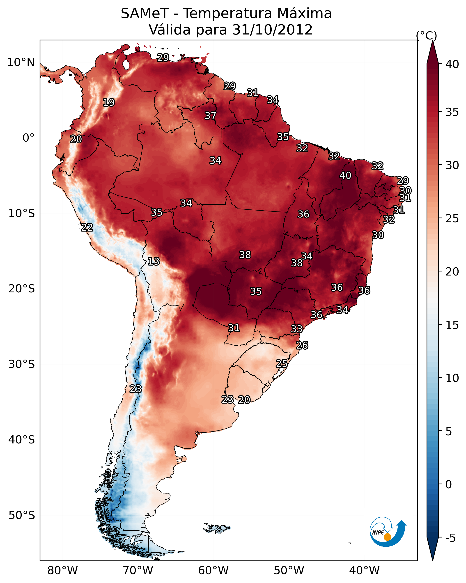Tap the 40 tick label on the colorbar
452,64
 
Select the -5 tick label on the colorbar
450,538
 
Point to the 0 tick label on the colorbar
448,484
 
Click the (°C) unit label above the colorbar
426,35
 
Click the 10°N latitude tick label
21,62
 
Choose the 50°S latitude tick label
22,515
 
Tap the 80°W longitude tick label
62,570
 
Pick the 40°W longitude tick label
364,570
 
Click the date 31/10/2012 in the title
272,30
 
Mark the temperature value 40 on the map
345,175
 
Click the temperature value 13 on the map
154,261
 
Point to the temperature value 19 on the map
109,103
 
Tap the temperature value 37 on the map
210,116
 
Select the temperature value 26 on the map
302,345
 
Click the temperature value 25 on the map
282,363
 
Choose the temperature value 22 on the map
87,227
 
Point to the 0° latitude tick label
28,138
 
